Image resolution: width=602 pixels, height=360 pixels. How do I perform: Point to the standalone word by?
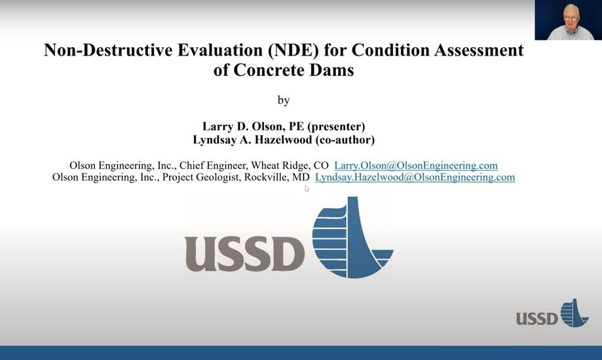(x=284, y=100)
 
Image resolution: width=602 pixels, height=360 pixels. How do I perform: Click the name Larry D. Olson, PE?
(x=253, y=126)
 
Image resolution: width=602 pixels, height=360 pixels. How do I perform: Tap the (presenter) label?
(x=336, y=126)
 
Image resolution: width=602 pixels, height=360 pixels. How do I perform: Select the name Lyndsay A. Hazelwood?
(x=252, y=139)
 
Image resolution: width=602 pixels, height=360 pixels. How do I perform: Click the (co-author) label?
(x=345, y=139)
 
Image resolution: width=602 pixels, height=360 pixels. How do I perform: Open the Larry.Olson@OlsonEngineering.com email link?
(x=416, y=166)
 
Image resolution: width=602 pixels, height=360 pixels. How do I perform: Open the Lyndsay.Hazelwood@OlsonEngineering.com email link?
(x=415, y=177)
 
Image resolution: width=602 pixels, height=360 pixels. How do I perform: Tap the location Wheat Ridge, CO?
(x=290, y=166)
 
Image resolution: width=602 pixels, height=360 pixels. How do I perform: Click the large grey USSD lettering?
(x=244, y=254)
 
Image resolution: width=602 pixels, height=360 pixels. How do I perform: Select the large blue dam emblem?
(x=352, y=237)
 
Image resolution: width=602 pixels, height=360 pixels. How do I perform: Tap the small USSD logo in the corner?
(x=552, y=313)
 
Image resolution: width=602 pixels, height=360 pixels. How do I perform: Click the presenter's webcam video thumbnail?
(x=568, y=20)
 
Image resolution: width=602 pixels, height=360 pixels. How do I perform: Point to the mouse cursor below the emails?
(x=307, y=189)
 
